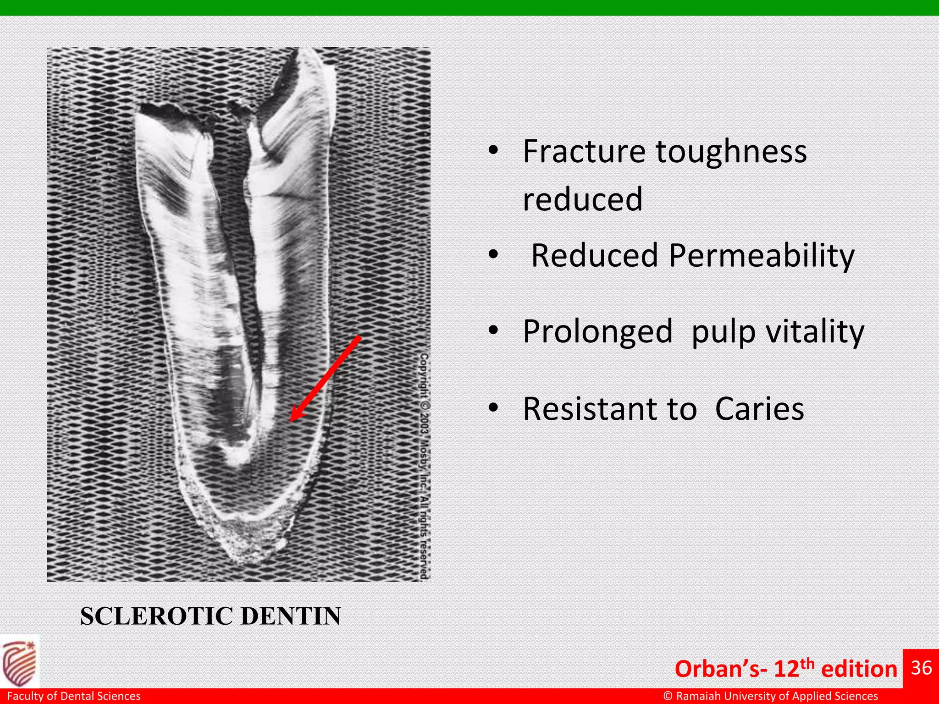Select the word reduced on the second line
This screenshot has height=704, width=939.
pos(582,199)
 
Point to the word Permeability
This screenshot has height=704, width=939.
pos(762,256)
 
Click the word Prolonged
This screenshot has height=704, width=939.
pos(597,332)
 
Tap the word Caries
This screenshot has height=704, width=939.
pos(759,409)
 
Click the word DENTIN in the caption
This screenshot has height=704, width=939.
pos(291,616)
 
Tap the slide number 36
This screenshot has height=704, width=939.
pos(921,668)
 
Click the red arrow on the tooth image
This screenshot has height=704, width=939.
pos(326,378)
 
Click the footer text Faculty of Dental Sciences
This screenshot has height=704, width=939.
pos(74,696)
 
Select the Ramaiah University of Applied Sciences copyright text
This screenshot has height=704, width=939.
pos(770,696)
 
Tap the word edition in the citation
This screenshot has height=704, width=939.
pos(859,669)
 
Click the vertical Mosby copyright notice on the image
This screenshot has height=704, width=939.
pos(425,465)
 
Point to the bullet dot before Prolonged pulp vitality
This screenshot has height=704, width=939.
pos(493,330)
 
